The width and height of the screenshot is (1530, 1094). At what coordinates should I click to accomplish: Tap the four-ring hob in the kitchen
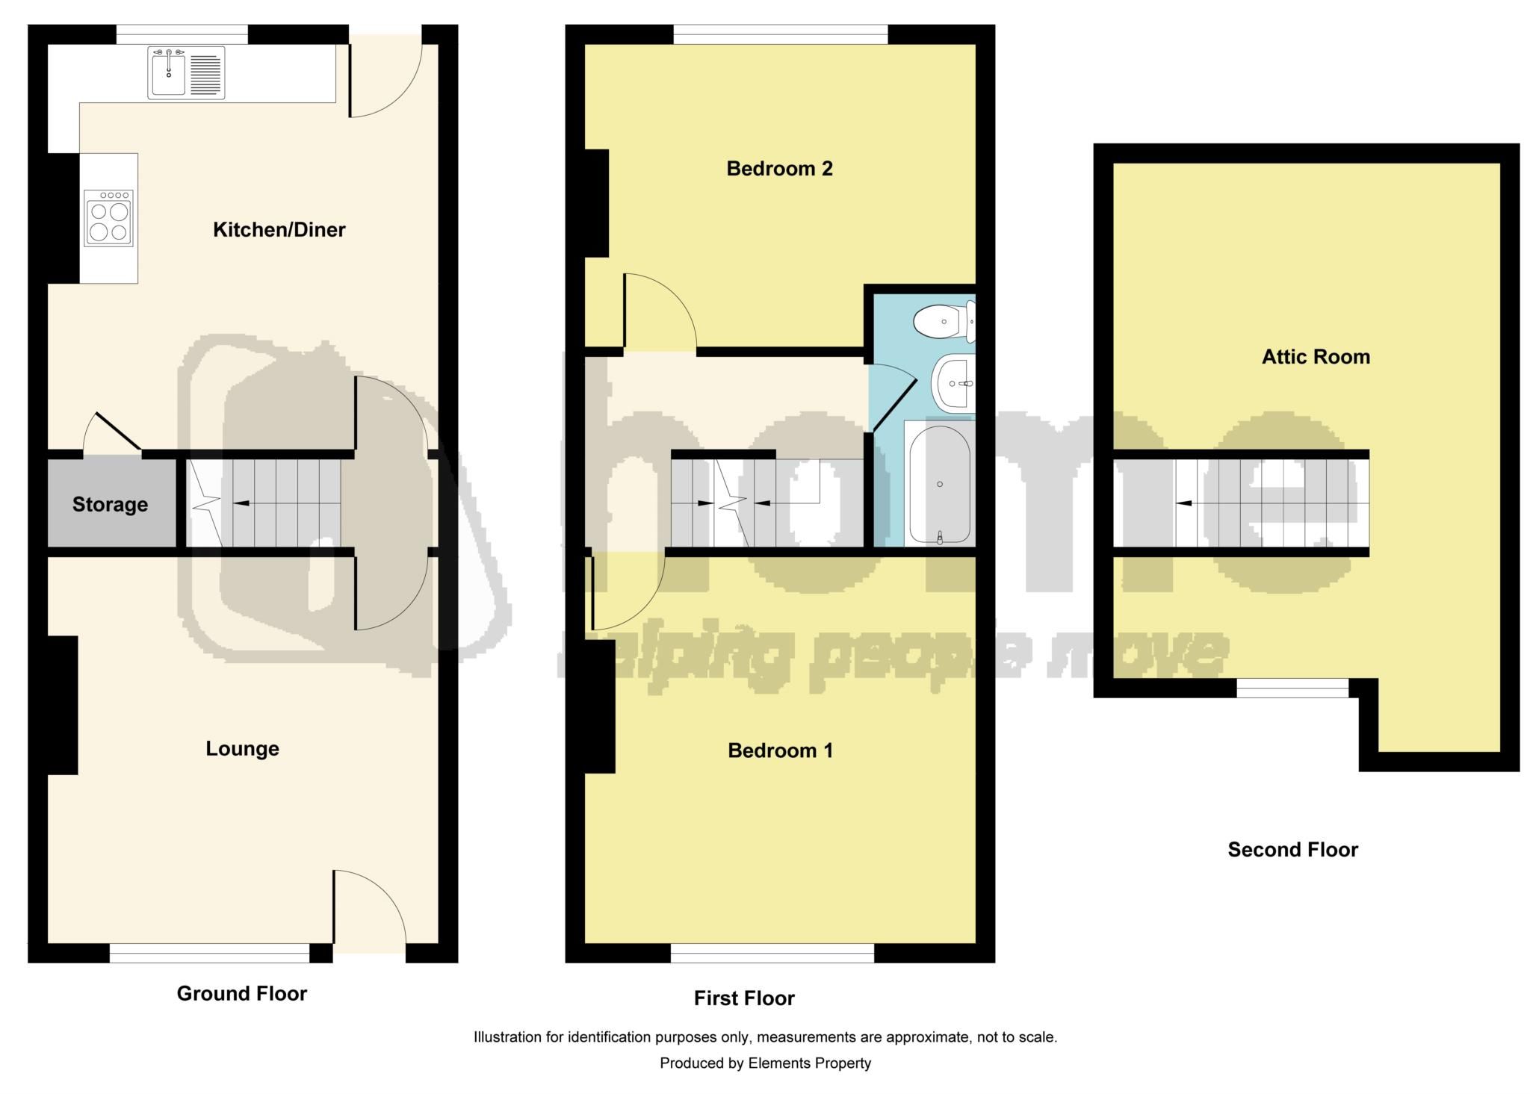(x=109, y=217)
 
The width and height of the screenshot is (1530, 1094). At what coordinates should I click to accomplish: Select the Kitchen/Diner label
(x=279, y=230)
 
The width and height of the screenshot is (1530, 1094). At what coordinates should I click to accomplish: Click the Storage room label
(x=110, y=505)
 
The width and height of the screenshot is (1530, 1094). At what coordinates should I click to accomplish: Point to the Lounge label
(x=242, y=749)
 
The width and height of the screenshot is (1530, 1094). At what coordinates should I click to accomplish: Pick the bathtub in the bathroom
(x=939, y=485)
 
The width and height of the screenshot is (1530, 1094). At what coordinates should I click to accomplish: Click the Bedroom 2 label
(x=779, y=169)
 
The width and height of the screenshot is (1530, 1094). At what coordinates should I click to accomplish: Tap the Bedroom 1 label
(x=780, y=750)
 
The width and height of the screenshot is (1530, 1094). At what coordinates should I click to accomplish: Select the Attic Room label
(x=1316, y=357)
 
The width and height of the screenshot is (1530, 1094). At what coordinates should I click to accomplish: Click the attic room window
(x=1292, y=688)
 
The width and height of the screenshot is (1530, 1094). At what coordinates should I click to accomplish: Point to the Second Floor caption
(x=1292, y=850)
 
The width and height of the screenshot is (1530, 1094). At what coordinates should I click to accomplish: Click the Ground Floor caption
(x=241, y=993)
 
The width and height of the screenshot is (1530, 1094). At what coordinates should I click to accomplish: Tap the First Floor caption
(x=744, y=998)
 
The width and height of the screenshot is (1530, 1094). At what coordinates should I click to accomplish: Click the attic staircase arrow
(x=1184, y=503)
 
